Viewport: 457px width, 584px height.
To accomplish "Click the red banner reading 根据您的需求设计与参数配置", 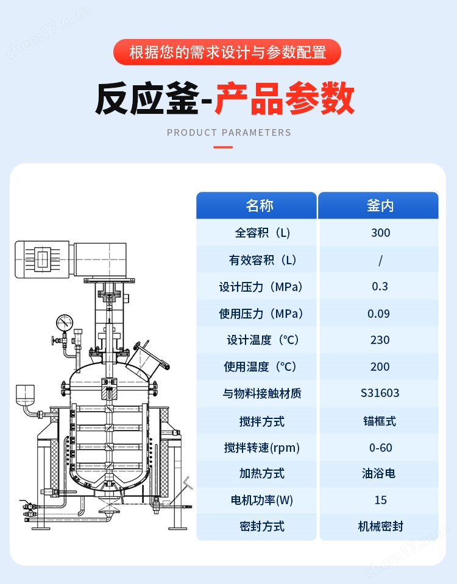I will pyautogui.click(x=228, y=52).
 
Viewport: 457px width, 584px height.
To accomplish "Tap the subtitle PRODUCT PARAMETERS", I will pyautogui.click(x=228, y=132).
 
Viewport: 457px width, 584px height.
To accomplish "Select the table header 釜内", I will pyautogui.click(x=380, y=206).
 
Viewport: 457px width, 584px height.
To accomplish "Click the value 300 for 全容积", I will pyautogui.click(x=380, y=233).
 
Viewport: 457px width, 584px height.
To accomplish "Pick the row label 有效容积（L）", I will pyautogui.click(x=262, y=260).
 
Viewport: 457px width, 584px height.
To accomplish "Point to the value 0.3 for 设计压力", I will pyautogui.click(x=380, y=287).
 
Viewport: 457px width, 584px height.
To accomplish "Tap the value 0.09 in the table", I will pyautogui.click(x=380, y=314).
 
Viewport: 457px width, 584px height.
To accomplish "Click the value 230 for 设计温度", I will pyautogui.click(x=380, y=340).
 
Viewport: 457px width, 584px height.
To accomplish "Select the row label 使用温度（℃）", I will pyautogui.click(x=262, y=367).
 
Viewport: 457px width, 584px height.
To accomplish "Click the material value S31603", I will pyautogui.click(x=380, y=393).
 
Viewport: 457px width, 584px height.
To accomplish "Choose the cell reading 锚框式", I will pyautogui.click(x=380, y=421).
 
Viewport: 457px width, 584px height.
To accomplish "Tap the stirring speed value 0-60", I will pyautogui.click(x=380, y=448).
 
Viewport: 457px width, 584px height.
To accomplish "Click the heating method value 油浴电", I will pyautogui.click(x=380, y=473).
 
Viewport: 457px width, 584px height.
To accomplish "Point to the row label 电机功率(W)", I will pyautogui.click(x=262, y=500).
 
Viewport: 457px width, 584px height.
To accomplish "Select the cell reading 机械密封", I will pyautogui.click(x=380, y=526).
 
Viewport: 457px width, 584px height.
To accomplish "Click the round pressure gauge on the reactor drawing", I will pyautogui.click(x=64, y=322).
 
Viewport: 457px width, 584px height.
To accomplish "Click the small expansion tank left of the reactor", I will pyautogui.click(x=26, y=394).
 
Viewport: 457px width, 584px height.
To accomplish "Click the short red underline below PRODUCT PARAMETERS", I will pyautogui.click(x=223, y=147).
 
